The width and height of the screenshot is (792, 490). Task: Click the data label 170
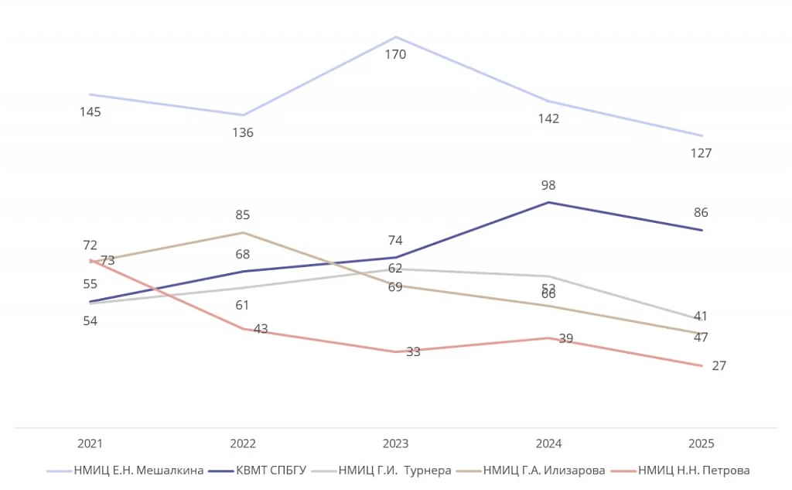395,55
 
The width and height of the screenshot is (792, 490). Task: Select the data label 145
90,112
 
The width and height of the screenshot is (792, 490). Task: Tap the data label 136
243,133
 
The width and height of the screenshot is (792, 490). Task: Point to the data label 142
548,119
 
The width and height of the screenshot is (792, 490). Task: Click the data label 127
701,153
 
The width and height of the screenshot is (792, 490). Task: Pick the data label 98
548,186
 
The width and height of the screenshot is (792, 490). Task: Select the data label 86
701,213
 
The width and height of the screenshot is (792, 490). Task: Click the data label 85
243,215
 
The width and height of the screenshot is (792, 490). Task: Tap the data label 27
719,366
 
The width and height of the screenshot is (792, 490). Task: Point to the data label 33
413,352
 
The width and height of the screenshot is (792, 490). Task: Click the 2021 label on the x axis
90,444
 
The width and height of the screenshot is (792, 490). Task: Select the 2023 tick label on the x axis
395,444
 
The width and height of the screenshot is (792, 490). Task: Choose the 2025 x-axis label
701,444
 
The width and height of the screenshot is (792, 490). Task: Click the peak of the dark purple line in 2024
548,203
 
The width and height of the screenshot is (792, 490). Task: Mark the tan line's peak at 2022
243,232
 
